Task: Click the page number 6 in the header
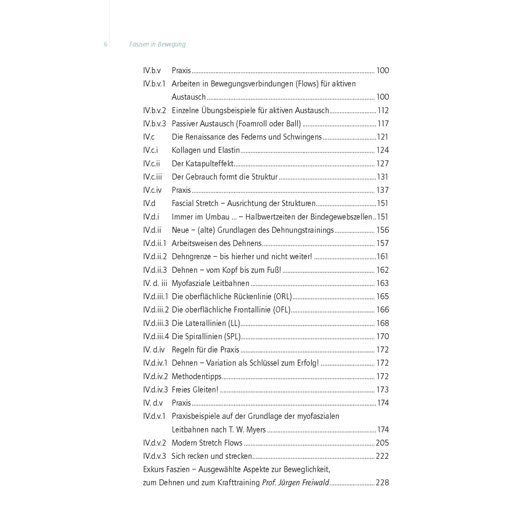pyautogui.click(x=106, y=44)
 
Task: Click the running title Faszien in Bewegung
pyautogui.click(x=157, y=44)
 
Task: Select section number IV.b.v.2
pyautogui.click(x=155, y=111)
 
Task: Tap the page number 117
pyautogui.click(x=383, y=124)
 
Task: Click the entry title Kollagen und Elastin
pyautogui.click(x=206, y=150)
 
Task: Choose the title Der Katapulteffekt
pyautogui.click(x=203, y=164)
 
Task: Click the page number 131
pyautogui.click(x=383, y=177)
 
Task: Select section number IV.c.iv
pyautogui.click(x=153, y=190)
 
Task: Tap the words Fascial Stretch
pyautogui.click(x=195, y=204)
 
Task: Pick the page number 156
pyautogui.click(x=382, y=230)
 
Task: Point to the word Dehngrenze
pyautogui.click(x=192, y=257)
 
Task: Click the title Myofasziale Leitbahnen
pyautogui.click(x=211, y=283)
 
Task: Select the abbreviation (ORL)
pyautogui.click(x=283, y=297)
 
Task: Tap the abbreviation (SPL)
pyautogui.click(x=232, y=337)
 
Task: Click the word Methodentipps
pyautogui.click(x=196, y=377)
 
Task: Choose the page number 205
pyautogui.click(x=382, y=443)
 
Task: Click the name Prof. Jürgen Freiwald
pyautogui.click(x=295, y=483)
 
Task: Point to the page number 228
pyautogui.click(x=382, y=483)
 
